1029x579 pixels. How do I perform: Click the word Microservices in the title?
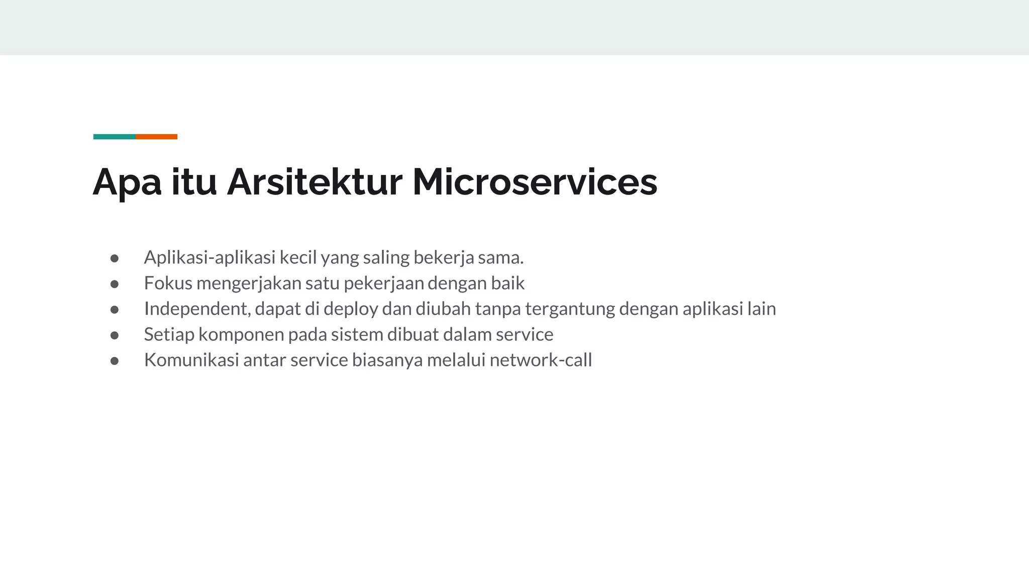click(x=535, y=182)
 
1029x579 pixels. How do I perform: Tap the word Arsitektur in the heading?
click(x=315, y=182)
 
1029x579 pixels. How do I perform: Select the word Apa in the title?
click(x=127, y=182)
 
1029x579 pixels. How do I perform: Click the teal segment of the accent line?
click(x=114, y=137)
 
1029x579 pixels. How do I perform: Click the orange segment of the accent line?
click(x=156, y=137)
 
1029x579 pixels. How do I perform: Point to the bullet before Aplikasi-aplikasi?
click(x=115, y=258)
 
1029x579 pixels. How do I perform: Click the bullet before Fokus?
click(x=115, y=284)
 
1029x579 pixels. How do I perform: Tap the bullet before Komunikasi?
click(x=115, y=361)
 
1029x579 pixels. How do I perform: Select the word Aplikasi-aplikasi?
click(x=210, y=258)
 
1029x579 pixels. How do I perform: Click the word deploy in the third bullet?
click(x=350, y=309)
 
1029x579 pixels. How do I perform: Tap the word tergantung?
click(x=570, y=309)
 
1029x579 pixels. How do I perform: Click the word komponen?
click(x=241, y=335)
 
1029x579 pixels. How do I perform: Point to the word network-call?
click(x=541, y=360)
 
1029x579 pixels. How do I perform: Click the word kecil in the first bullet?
click(x=298, y=258)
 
